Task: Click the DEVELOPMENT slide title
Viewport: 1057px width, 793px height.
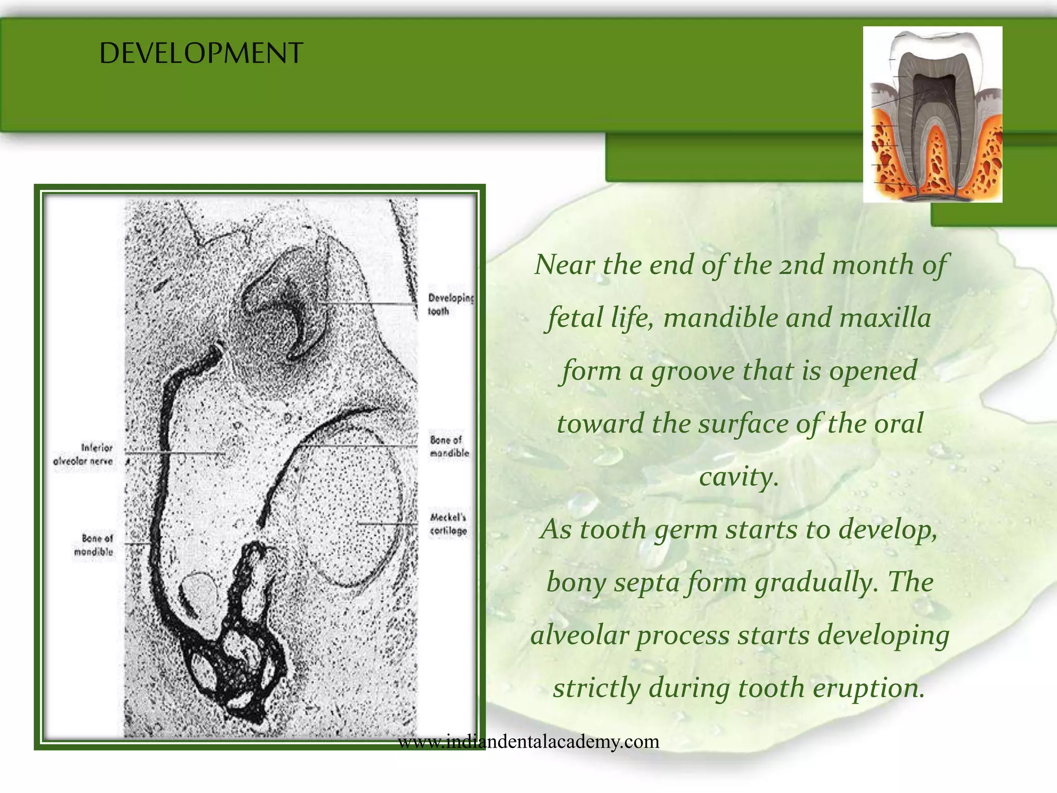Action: click(x=201, y=53)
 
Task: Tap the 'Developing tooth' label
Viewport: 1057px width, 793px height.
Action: click(x=450, y=305)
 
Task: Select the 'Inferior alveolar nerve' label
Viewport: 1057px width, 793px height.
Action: click(x=83, y=454)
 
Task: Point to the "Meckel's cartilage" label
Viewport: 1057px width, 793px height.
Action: click(x=449, y=524)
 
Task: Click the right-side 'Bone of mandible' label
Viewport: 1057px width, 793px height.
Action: click(x=449, y=447)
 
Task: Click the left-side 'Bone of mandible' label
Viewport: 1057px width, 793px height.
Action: click(x=93, y=545)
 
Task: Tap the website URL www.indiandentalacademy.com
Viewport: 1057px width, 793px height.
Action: click(x=528, y=742)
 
